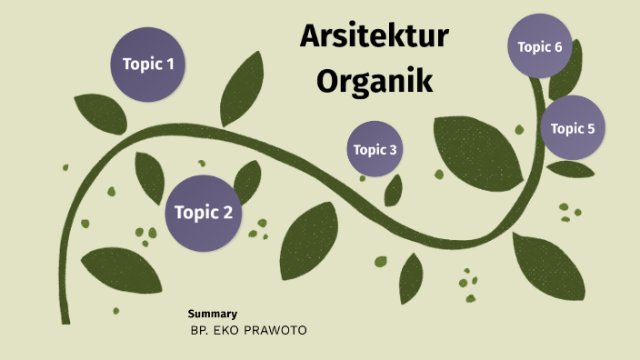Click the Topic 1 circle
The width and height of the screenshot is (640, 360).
148,65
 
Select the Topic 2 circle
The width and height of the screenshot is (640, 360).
203,214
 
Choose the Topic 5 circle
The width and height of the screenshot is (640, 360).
573,128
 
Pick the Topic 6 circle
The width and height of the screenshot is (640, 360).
540,46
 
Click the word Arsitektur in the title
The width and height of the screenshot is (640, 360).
375,39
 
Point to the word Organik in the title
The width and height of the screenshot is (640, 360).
375,81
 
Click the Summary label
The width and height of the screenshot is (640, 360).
212,314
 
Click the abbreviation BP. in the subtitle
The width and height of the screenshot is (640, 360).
199,329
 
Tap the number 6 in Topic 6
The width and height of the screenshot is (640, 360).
557,46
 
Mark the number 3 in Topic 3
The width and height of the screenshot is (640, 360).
392,150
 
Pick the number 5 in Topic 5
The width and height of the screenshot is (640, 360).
590,128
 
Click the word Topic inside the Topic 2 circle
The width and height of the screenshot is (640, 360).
194,214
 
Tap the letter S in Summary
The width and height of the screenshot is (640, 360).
191,314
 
